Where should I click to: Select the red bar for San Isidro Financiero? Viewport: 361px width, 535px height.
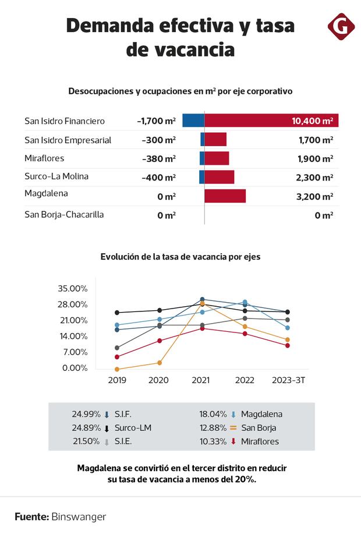pos(271,121)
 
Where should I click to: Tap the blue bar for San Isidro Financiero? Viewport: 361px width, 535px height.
pos(193,121)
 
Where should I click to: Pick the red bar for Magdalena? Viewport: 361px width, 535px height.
pos(225,196)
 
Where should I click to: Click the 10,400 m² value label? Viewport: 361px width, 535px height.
pos(313,121)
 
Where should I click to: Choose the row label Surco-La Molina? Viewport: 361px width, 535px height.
pos(56,176)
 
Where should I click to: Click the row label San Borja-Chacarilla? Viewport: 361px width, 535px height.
pos(64,214)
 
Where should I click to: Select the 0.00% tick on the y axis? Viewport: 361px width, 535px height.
pos(75,368)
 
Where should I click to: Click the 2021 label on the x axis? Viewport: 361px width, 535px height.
pos(201,380)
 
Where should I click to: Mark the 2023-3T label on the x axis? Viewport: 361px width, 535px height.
pos(288,380)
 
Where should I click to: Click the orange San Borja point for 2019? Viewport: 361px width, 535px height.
pos(117,369)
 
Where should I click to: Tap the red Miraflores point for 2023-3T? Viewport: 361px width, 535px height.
pos(288,345)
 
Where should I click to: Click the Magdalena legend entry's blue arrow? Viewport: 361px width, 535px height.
pos(233,414)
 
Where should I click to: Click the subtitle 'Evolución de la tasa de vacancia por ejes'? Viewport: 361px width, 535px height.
pos(180,256)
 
